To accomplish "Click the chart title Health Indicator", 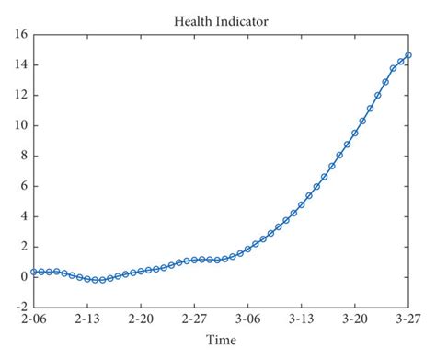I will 221,19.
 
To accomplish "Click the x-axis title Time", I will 221,341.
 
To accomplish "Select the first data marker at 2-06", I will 34,272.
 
